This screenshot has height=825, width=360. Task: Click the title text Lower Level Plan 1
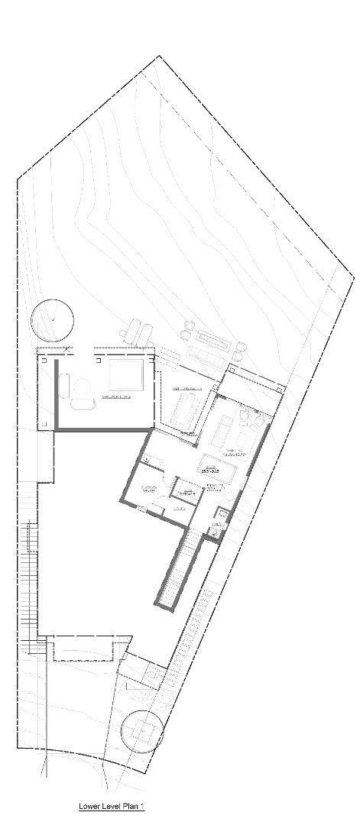112,806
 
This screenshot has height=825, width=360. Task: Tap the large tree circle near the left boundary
52,319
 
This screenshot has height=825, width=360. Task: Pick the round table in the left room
80,405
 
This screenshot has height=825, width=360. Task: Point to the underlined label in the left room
117,397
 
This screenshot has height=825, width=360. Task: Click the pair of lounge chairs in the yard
138,331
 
